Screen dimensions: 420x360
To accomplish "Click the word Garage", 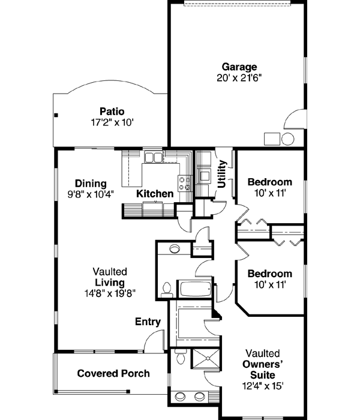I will point(239,67).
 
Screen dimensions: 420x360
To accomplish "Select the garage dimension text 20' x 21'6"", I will point(239,77).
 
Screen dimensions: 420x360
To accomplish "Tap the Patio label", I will point(112,111).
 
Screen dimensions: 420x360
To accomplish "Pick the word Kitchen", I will point(155,194).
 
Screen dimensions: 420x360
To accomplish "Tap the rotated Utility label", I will point(222,174).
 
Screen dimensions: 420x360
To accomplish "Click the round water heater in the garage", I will point(287,139).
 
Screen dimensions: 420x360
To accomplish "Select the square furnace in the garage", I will point(272,139).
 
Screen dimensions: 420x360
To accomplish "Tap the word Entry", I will point(148,322).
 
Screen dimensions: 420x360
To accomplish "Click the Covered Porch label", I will point(113,373).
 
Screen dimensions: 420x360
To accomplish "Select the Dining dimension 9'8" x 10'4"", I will point(91,194).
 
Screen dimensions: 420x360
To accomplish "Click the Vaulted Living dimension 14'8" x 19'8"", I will point(109,293).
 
